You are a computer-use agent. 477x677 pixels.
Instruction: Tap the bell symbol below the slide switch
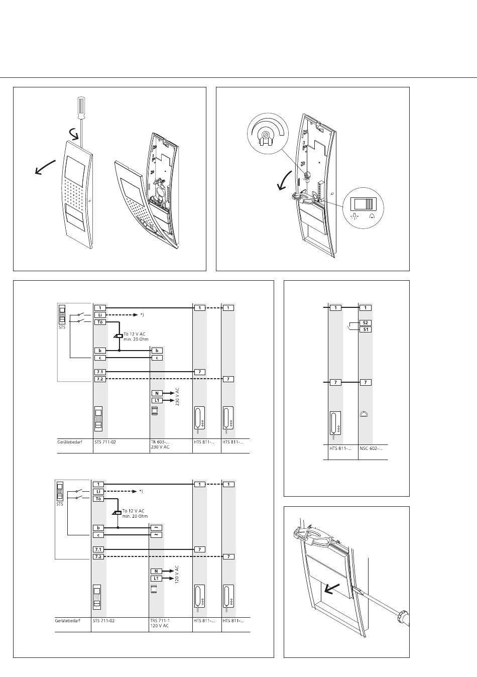[x=372, y=216]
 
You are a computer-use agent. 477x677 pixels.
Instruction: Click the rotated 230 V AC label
[x=178, y=397]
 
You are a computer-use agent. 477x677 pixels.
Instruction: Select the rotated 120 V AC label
[x=177, y=574]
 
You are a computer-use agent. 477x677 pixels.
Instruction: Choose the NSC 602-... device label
[x=370, y=448]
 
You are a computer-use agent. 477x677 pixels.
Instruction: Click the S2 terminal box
[x=366, y=323]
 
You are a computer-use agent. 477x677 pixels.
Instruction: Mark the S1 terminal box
[x=366, y=329]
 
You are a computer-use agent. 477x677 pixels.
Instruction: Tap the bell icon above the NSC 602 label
[x=365, y=414]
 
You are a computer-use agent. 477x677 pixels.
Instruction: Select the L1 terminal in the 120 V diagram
[x=156, y=578]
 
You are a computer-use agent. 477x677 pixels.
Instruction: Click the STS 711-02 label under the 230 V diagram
[x=105, y=442]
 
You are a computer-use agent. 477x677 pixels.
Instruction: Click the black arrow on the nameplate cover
[x=332, y=589]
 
